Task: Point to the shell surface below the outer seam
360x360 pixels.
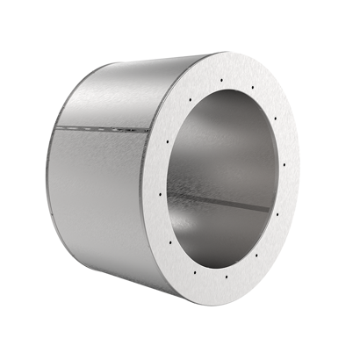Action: click(x=105, y=193)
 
